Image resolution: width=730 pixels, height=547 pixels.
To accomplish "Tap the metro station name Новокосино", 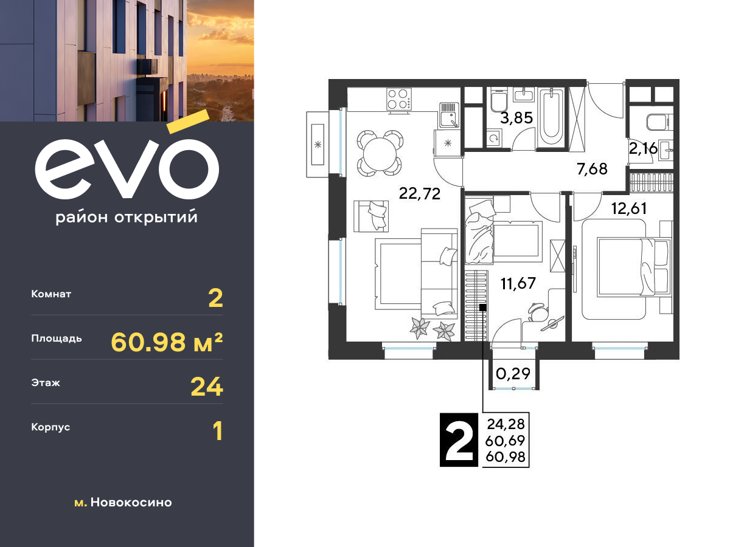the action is click(131, 503).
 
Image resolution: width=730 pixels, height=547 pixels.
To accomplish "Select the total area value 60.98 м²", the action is click(167, 342).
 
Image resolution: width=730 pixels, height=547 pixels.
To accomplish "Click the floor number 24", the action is click(206, 387).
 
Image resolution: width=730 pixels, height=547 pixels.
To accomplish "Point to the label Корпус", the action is click(50, 427).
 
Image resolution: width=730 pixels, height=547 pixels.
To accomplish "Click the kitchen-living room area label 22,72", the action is click(419, 194).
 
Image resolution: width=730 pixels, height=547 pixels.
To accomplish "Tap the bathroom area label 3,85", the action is click(516, 118).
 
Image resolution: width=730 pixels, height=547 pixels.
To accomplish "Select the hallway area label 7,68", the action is click(592, 169).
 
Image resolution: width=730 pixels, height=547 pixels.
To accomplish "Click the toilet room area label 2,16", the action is click(643, 148).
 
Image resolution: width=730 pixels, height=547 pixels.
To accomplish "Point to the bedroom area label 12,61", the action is click(629, 208).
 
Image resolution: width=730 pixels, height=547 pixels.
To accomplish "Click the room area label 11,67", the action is click(518, 284).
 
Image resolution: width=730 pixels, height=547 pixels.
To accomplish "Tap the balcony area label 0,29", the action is click(513, 374).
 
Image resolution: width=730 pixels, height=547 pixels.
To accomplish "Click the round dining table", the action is click(380, 153).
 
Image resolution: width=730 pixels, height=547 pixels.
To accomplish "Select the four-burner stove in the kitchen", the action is click(398, 99).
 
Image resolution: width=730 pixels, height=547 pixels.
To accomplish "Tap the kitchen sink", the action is click(449, 115).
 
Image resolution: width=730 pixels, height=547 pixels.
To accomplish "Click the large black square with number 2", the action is click(459, 440).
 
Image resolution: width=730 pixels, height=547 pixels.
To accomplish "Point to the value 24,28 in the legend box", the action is click(506, 424).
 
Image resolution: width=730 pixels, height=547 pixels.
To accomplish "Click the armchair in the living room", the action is click(371, 216).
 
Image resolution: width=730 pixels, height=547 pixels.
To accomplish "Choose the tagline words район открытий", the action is click(127, 218).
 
